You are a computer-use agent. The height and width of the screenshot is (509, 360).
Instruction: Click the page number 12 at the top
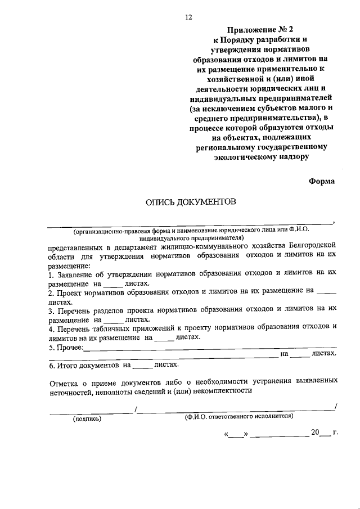pyautogui.click(x=188, y=17)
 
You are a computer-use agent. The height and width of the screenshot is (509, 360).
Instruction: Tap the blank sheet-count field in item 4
pyautogui.click(x=164, y=339)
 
